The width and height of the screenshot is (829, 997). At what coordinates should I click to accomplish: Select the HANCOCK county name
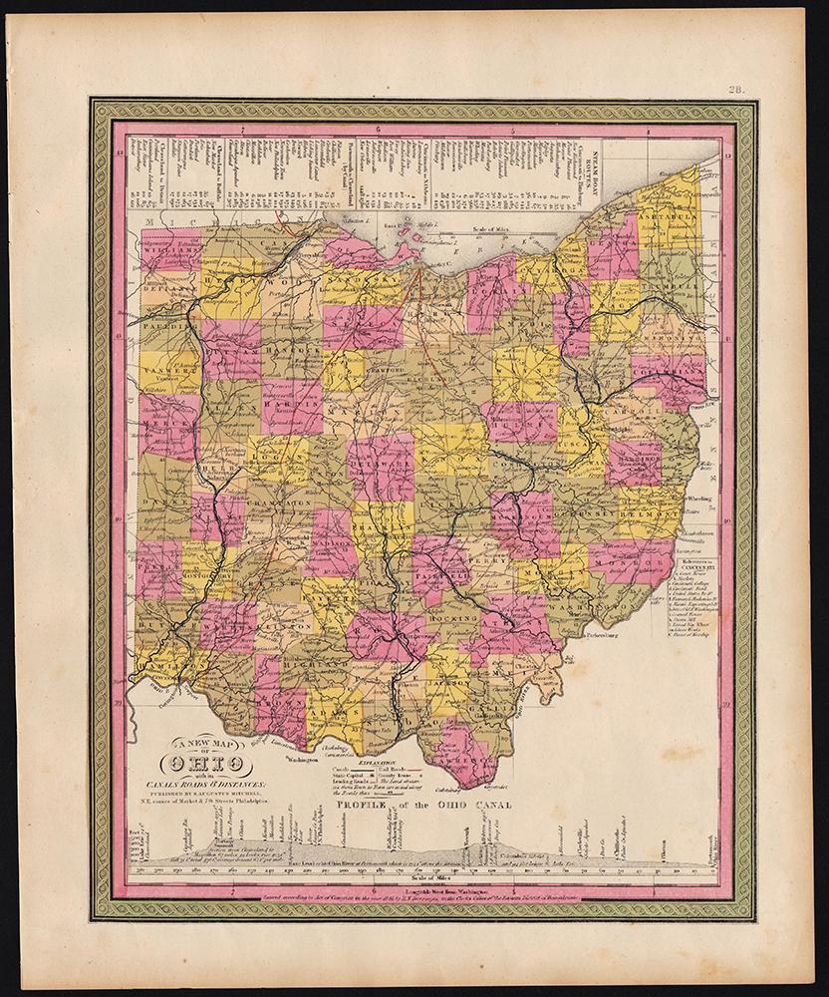(x=297, y=351)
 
